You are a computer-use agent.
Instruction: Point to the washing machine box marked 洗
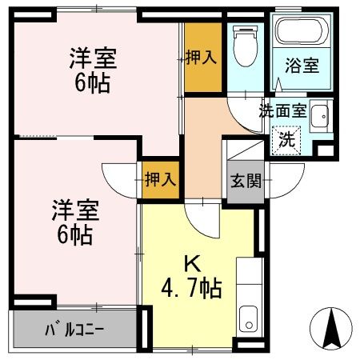point(286,138)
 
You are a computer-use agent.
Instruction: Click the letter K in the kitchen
point(192,262)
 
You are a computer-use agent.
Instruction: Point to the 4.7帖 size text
point(192,286)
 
